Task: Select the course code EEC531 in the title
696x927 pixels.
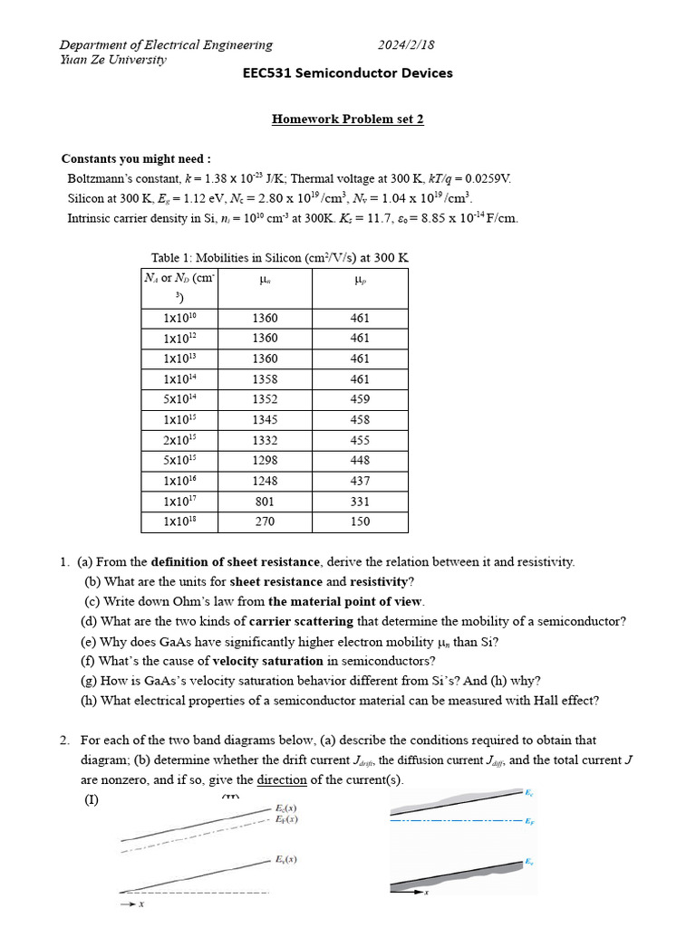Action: click(269, 72)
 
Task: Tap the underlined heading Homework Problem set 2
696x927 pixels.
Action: click(348, 119)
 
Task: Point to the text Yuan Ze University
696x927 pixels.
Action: click(113, 60)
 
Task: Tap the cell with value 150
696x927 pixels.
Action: click(360, 522)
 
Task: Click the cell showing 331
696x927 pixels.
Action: click(360, 502)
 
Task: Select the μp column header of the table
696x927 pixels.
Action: click(360, 282)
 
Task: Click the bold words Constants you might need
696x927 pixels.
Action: click(136, 158)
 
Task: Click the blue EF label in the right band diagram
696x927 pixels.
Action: click(529, 821)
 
